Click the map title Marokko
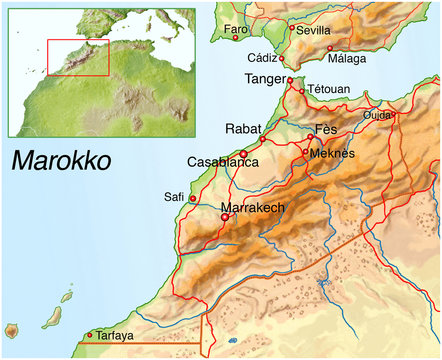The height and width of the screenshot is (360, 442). [x=61, y=162]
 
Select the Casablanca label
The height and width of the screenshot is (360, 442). [x=223, y=162]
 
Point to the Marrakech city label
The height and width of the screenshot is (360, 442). [x=253, y=208]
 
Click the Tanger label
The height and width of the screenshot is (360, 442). [x=265, y=78]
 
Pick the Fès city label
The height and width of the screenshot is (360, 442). [x=326, y=131]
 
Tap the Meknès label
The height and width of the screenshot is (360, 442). [x=334, y=153]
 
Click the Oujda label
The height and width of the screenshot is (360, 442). [x=377, y=115]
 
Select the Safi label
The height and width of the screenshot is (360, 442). [x=174, y=197]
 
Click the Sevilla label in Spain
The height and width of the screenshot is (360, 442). [x=314, y=31]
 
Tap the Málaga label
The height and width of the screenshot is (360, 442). [x=346, y=59]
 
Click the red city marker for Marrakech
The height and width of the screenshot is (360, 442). [x=224, y=216]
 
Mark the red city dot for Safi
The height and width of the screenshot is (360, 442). [x=192, y=198]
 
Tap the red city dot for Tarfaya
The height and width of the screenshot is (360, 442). [x=90, y=335]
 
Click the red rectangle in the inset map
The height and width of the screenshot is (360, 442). [x=77, y=59]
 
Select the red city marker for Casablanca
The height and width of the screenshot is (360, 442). [x=243, y=153]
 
